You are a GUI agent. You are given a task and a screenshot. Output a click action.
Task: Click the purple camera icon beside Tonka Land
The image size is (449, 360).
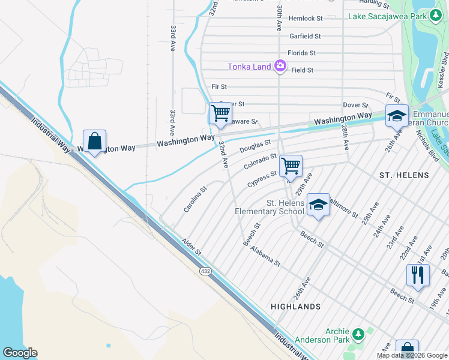point(280,66)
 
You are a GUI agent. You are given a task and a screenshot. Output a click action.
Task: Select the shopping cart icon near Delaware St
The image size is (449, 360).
point(220,112)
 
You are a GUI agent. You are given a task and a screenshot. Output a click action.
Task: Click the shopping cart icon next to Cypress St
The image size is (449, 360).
point(291,164)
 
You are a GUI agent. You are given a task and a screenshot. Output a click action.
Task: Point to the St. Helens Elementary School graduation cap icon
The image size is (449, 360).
point(318,205)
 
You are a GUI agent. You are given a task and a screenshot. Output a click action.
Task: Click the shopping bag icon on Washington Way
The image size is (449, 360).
point(94,142)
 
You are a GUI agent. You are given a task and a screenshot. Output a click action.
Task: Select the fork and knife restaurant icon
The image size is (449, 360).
point(417,275)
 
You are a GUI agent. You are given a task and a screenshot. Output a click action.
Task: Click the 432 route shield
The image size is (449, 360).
point(205,272)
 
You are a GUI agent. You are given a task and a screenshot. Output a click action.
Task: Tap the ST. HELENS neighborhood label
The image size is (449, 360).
point(404,175)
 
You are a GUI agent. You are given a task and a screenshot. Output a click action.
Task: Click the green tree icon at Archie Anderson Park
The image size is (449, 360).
point(358,334)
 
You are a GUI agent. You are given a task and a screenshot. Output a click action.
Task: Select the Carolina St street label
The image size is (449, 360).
point(195,199)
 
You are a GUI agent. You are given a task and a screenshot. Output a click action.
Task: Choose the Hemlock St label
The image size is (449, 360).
point(305,19)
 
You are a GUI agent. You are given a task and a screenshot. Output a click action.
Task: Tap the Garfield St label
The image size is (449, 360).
point(305,37)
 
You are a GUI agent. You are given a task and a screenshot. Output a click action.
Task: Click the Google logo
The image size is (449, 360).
point(20,353)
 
